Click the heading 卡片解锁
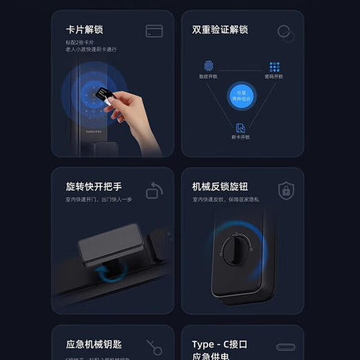click(84, 30)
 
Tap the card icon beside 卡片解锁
click(154, 31)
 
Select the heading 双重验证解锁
click(219, 30)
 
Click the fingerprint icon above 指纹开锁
click(208, 66)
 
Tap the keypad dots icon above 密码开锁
click(275, 67)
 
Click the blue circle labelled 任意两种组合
click(241, 96)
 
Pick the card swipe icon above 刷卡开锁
click(240, 127)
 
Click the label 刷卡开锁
click(240, 137)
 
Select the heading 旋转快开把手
click(93, 187)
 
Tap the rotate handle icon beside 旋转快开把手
click(154, 190)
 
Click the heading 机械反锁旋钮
click(219, 187)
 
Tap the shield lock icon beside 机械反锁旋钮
click(285, 190)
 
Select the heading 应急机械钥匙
click(93, 344)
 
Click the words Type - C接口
click(219, 344)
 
